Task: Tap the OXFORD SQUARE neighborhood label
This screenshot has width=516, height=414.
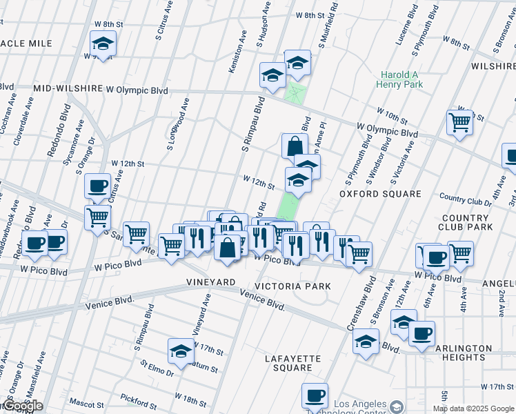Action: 380,194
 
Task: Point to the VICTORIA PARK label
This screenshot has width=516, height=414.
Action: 292,286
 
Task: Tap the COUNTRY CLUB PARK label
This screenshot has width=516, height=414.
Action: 466,221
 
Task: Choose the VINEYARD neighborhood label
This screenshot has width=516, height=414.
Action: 211,283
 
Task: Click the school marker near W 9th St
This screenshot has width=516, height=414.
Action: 103,44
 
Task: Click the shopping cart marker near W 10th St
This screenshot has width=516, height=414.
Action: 459,123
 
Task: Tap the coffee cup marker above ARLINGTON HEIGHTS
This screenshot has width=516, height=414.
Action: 421,333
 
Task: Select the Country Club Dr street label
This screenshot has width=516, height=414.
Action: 464,199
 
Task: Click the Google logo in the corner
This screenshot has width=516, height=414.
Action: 22,406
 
